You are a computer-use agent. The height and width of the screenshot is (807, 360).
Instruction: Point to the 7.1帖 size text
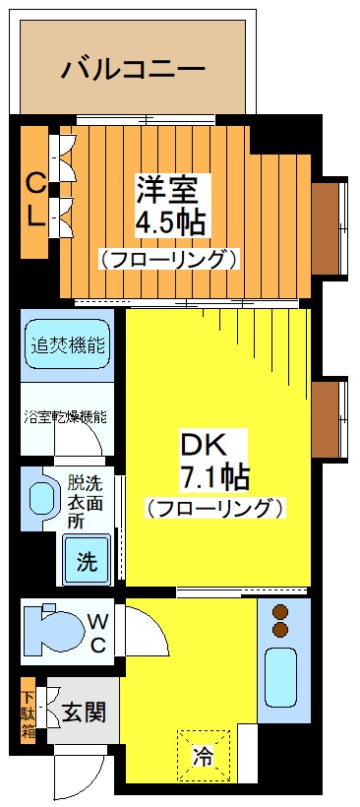tap(212, 477)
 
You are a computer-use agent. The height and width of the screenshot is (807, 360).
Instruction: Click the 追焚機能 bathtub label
tap(68, 346)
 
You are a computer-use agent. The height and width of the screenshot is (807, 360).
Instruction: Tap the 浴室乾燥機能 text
tap(66, 417)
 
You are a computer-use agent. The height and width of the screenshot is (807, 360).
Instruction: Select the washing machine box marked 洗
tap(88, 562)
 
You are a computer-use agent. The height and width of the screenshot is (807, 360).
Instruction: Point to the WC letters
tap(98, 632)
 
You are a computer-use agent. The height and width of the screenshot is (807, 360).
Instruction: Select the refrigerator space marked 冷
tap(204, 756)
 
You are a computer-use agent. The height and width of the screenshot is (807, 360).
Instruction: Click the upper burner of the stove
tap(280, 610)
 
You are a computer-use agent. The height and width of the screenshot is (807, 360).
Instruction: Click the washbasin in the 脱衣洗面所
tap(42, 498)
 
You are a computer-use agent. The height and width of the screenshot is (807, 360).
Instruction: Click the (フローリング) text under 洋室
tap(168, 260)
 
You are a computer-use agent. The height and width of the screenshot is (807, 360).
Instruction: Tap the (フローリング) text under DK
tap(214, 509)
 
